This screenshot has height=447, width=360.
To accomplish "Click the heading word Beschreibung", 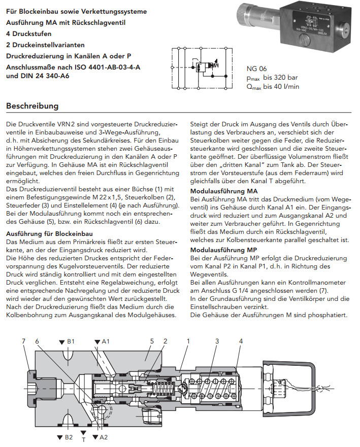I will pyautogui.click(x=32, y=107).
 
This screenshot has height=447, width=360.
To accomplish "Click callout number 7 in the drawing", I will pyautogui.click(x=23, y=341).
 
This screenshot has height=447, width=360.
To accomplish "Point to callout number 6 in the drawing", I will pyautogui.click(x=38, y=341).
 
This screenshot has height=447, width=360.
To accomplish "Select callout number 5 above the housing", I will pyautogui.click(x=151, y=341).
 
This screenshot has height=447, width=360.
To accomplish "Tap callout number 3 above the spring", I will pyautogui.click(x=217, y=341).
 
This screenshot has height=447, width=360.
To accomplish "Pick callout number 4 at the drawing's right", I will pyautogui.click(x=241, y=341).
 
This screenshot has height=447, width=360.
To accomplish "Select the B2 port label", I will pyautogui.click(x=67, y=436).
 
